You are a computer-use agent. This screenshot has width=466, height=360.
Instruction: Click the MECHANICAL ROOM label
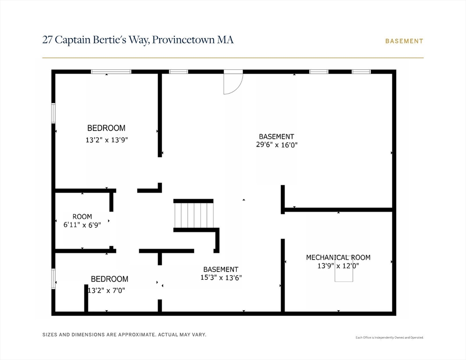338,257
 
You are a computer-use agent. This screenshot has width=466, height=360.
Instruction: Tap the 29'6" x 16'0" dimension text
277,145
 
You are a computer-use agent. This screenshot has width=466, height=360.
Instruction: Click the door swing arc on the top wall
233,84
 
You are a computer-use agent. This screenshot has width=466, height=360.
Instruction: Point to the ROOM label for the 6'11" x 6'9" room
83,217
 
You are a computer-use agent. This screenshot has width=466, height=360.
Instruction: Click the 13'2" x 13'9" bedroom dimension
107,140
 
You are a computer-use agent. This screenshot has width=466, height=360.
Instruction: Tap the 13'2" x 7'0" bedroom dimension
106,290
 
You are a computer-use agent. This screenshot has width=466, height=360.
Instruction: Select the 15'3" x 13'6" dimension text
221,277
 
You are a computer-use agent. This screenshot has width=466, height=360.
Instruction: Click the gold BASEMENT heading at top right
404,41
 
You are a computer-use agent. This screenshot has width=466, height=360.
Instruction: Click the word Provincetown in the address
183,40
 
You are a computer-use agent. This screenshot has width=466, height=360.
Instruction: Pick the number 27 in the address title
47,40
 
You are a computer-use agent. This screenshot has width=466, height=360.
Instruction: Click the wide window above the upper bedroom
111,72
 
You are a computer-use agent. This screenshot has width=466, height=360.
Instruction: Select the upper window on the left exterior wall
53,113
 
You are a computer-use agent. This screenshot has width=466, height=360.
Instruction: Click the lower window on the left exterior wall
53,279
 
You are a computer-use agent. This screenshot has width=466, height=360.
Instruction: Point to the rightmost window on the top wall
361,72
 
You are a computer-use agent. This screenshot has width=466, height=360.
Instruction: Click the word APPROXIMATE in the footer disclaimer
137,335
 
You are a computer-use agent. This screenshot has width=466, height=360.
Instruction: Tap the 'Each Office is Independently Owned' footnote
390,337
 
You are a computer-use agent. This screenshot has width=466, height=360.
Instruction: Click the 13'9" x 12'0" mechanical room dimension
338,265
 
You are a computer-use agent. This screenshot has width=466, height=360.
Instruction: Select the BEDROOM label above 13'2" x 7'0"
110,279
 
